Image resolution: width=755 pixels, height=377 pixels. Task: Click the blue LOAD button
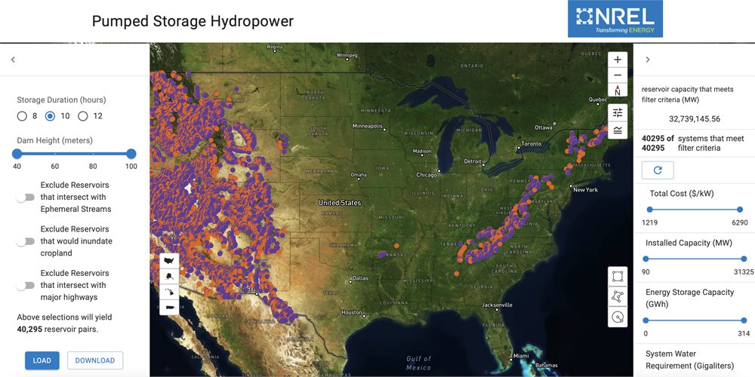tap(42, 360)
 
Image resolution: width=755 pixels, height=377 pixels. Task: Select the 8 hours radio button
tap(23, 116)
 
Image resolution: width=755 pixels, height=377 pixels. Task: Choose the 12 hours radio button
tap(83, 116)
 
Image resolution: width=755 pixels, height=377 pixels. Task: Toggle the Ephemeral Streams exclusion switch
tap(26, 198)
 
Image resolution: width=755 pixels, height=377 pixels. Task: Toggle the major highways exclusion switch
tap(26, 286)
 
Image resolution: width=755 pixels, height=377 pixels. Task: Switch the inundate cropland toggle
tap(26, 241)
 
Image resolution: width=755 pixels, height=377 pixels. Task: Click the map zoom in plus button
tap(618, 60)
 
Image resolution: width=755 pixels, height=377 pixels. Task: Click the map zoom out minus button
tap(618, 75)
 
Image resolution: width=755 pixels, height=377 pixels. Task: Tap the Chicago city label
tap(426, 175)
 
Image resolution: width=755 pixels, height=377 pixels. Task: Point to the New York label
tap(585, 190)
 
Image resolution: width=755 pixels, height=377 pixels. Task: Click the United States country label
tap(339, 203)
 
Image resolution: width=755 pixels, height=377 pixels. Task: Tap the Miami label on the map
tap(520, 356)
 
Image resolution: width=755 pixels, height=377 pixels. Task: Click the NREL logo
tap(615, 19)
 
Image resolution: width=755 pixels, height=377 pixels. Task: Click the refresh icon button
tap(658, 170)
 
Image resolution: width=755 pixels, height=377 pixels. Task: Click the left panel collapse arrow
tap(13, 60)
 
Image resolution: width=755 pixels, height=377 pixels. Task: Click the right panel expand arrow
tap(648, 60)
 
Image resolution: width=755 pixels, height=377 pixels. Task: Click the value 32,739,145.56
tap(694, 118)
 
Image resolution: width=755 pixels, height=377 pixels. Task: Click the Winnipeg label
tap(347, 55)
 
